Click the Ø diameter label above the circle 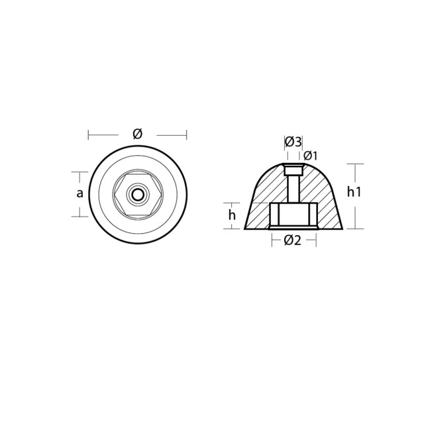[137, 134]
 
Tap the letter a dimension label [79, 193]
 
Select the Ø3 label [293, 142]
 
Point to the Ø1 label [310, 156]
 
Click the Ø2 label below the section [292, 240]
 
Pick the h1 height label [354, 192]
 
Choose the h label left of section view [232, 215]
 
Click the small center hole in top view [138, 194]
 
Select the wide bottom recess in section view [293, 215]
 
